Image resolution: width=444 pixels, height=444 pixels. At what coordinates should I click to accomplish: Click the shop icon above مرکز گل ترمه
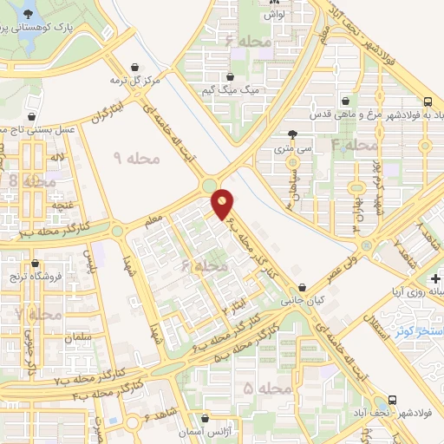click(x=135, y=66)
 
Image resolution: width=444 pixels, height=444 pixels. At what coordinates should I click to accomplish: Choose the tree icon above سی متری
click(x=292, y=134)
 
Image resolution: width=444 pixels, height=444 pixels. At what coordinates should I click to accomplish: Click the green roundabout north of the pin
click(x=209, y=185)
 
